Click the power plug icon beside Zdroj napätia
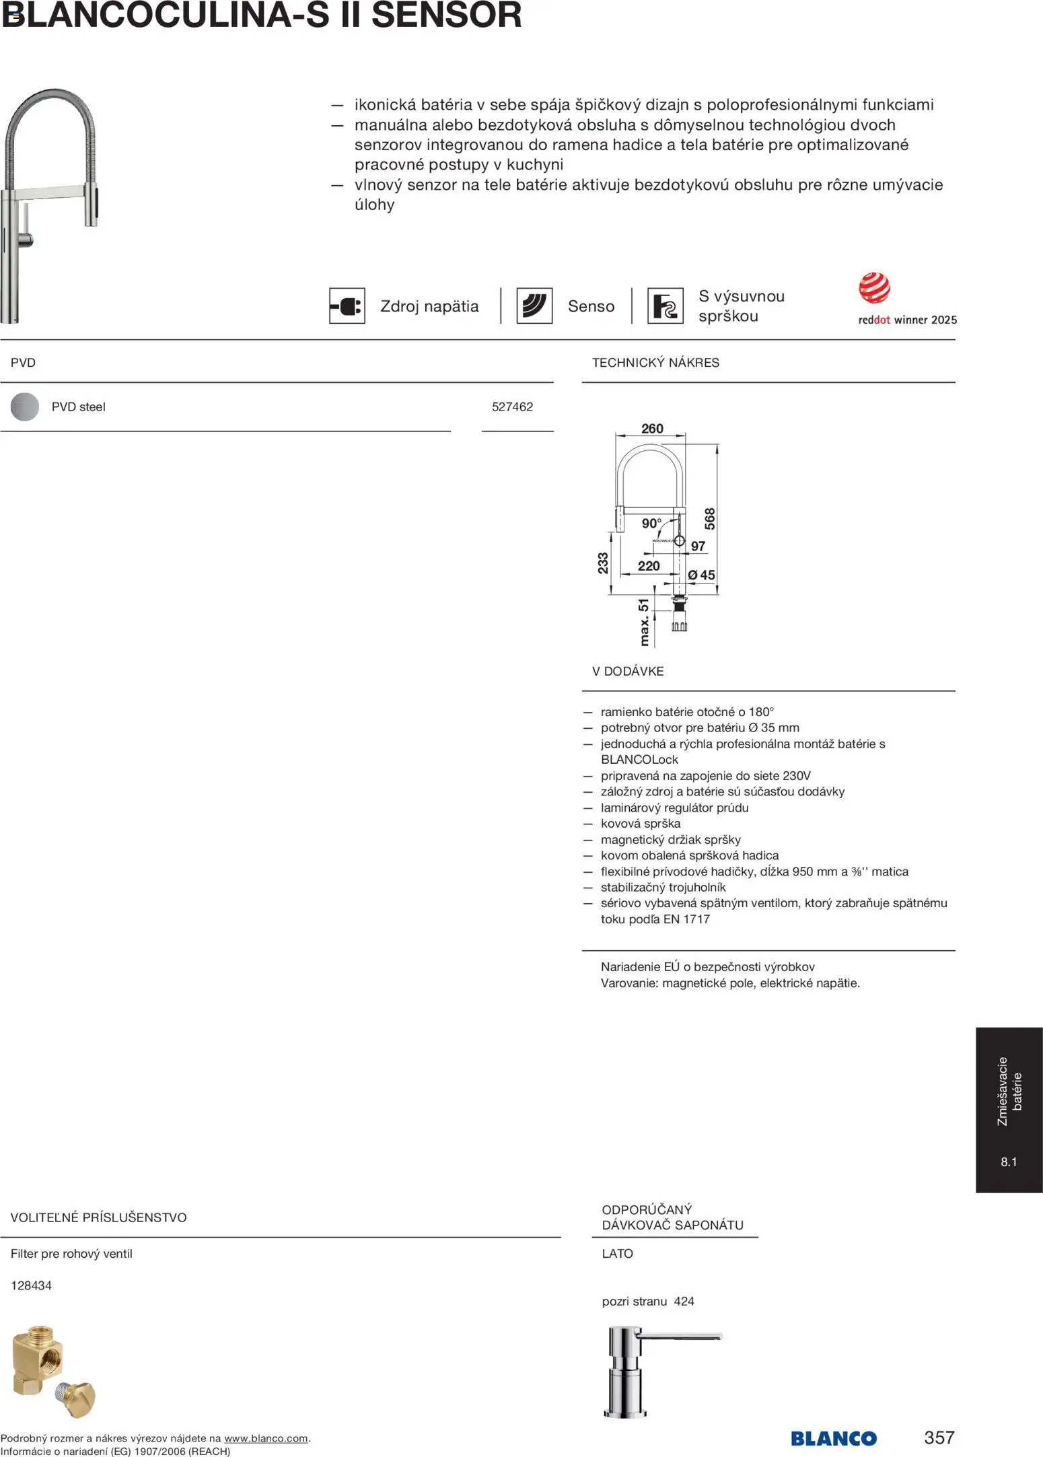pos(347,306)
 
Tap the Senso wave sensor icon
pos(534,306)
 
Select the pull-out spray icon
pos(665,306)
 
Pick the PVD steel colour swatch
pos(25,406)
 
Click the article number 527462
pos(512,406)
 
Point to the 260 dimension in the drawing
pos(652,429)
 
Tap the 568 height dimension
pos(710,519)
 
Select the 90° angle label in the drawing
pos(651,523)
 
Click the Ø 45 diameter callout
pos(701,575)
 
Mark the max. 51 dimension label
pos(644,623)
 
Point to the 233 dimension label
pos(603,563)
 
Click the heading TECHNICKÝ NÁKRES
pos(655,363)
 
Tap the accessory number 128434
pos(31,1285)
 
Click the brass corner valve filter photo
pos(54,1372)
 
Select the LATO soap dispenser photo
pos(663,1372)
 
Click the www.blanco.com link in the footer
pos(266,1438)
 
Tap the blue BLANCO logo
pos(834,1439)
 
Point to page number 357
pos(939,1437)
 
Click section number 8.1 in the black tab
pos(1009,1162)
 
